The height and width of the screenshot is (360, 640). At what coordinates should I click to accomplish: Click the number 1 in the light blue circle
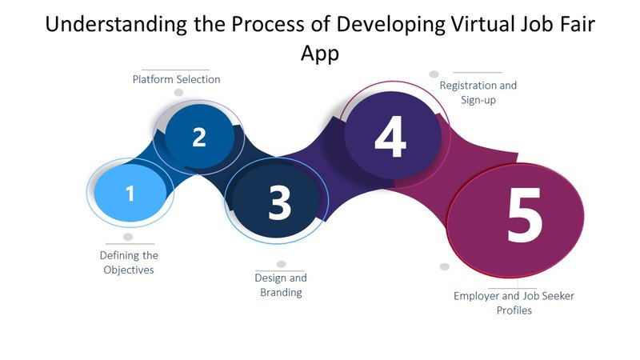[x=130, y=194]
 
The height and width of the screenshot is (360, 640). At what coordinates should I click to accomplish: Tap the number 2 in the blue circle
[x=199, y=137]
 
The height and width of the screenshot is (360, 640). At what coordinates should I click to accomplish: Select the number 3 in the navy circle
[x=279, y=202]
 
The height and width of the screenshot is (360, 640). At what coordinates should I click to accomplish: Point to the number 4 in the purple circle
[x=390, y=136]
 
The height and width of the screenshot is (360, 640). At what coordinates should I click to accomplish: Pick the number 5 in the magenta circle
[x=525, y=214]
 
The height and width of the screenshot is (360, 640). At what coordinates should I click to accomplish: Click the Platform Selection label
[x=176, y=79]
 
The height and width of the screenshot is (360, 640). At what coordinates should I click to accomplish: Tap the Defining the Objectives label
[x=129, y=262]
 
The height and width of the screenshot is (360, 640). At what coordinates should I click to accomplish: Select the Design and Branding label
[x=281, y=285]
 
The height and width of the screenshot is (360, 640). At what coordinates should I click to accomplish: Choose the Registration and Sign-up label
[x=478, y=92]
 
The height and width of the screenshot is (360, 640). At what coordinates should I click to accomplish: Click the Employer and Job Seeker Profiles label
[x=514, y=303]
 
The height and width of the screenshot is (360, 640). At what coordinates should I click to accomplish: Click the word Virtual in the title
[x=481, y=24]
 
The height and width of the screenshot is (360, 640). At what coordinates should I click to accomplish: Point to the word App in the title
[x=320, y=54]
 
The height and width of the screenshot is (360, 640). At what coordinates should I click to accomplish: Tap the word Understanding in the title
[x=116, y=25]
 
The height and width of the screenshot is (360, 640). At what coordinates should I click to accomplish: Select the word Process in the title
[x=268, y=24]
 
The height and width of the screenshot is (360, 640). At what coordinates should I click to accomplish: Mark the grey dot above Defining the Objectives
[x=128, y=237]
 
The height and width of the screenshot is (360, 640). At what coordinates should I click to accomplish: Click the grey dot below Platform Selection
[x=178, y=93]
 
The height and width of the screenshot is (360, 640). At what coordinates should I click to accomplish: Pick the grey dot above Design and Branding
[x=282, y=264]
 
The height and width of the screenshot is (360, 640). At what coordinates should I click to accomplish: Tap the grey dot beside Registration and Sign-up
[x=434, y=74]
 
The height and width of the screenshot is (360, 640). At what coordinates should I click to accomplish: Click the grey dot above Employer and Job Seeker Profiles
[x=445, y=266]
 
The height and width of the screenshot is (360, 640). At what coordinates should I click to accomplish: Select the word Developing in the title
[x=390, y=25]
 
